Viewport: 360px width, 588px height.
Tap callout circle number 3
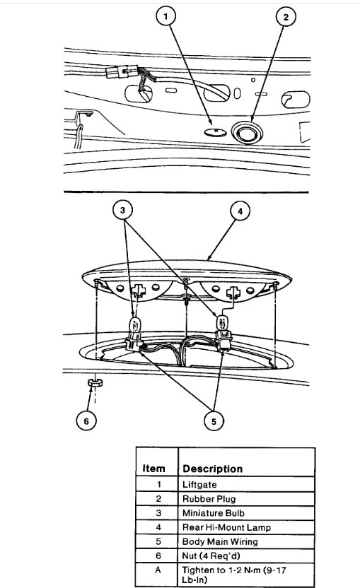pos(124,211)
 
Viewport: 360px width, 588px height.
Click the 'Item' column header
pos(153,469)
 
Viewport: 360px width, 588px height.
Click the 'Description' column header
pos(212,469)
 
